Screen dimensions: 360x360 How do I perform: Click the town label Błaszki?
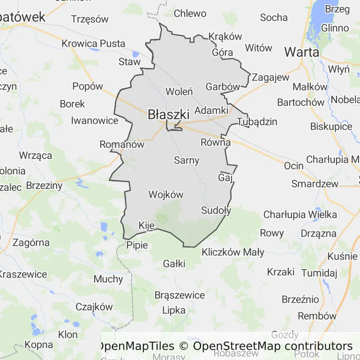pyautogui.click(x=168, y=114)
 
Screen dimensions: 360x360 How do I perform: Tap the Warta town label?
pyautogui.click(x=301, y=52)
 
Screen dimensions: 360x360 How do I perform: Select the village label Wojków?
pyautogui.click(x=165, y=194)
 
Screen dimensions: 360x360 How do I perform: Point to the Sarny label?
pyautogui.click(x=187, y=160)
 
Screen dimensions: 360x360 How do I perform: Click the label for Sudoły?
pyautogui.click(x=216, y=210)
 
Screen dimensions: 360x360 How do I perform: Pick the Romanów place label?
pyautogui.click(x=122, y=145)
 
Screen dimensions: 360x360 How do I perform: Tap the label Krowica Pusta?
pyautogui.click(x=93, y=44)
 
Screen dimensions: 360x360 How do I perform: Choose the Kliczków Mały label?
pyautogui.click(x=233, y=252)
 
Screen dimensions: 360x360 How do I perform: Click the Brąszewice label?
pyautogui.click(x=180, y=295)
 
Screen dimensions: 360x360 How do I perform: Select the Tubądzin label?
pyautogui.click(x=257, y=122)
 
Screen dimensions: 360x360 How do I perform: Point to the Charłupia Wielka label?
pyautogui.click(x=300, y=215)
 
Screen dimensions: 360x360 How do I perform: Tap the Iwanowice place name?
pyautogui.click(x=95, y=120)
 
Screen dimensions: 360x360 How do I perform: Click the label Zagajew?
pyautogui.click(x=271, y=77)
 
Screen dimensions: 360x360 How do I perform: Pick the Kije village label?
pyautogui.click(x=147, y=226)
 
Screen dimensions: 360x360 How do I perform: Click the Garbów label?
pyautogui.click(x=223, y=87)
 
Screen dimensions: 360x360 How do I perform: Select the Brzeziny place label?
pyautogui.click(x=45, y=186)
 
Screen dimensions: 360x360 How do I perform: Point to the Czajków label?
pyautogui.click(x=94, y=307)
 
